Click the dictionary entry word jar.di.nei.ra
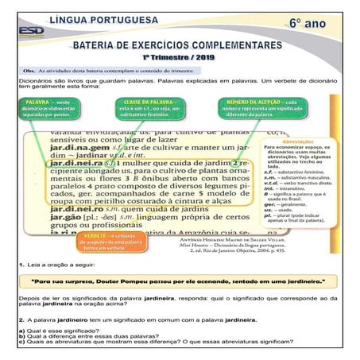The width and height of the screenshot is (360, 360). tap(73, 162)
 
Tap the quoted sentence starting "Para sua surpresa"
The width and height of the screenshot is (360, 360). tap(178, 281)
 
